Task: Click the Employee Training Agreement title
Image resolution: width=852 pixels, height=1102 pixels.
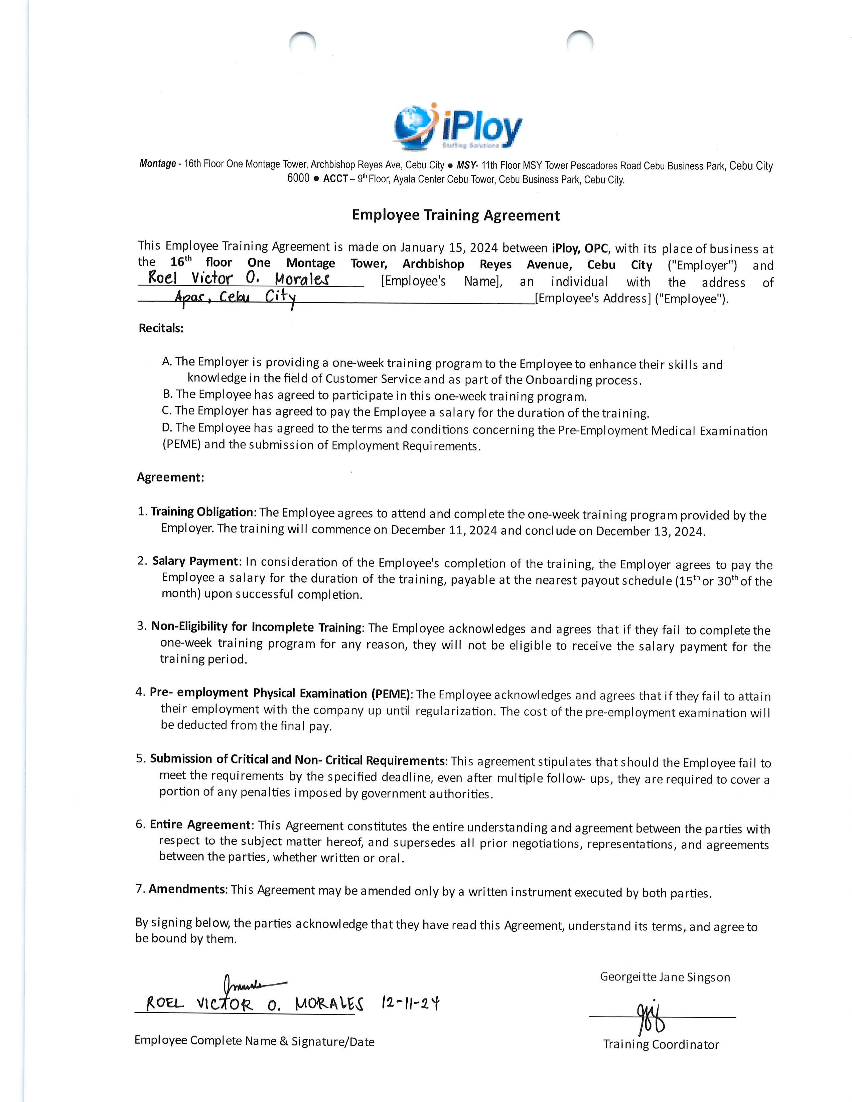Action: [x=456, y=215]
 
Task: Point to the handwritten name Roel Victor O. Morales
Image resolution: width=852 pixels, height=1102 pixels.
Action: [x=239, y=278]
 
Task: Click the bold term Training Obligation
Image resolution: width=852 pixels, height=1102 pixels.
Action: [x=202, y=512]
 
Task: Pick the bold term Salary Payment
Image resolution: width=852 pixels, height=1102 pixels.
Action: [x=195, y=561]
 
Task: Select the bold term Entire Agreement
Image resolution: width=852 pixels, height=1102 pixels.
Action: [x=200, y=824]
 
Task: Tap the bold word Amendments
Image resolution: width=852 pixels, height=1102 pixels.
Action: [x=187, y=889]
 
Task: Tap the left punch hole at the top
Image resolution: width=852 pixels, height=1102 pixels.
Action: [x=302, y=42]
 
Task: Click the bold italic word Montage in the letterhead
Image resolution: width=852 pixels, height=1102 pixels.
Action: [x=157, y=164]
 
